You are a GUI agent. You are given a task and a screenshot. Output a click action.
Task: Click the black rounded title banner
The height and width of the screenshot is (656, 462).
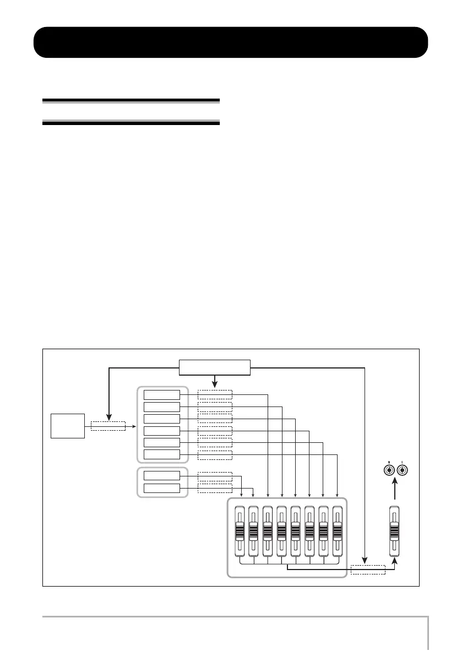click(x=231, y=42)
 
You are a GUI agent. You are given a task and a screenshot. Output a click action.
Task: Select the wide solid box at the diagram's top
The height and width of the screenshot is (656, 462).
click(x=215, y=366)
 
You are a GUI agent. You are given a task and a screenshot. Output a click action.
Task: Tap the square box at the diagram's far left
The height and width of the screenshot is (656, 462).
click(x=68, y=425)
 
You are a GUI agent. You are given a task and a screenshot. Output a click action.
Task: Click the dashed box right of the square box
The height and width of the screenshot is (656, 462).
click(x=108, y=426)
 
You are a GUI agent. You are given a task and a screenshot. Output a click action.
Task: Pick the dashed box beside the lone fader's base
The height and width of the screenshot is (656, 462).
click(x=368, y=570)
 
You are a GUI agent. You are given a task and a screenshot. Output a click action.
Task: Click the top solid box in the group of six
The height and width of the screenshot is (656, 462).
click(x=162, y=394)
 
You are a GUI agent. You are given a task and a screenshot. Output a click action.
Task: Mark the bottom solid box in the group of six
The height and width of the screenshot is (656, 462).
click(x=162, y=454)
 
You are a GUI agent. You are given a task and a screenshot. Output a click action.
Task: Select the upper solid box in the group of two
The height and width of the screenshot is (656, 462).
click(x=162, y=475)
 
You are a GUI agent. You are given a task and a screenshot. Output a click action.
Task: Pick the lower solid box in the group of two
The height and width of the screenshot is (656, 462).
click(x=162, y=488)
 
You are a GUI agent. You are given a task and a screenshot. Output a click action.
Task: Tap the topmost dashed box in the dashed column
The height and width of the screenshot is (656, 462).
click(x=215, y=394)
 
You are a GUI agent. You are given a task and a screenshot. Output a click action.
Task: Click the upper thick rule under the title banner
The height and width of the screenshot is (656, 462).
click(x=131, y=101)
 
